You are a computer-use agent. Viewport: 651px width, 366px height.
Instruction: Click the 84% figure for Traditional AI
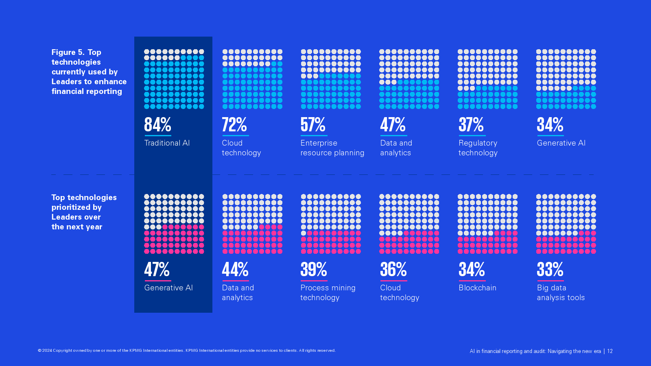pyautogui.click(x=157, y=125)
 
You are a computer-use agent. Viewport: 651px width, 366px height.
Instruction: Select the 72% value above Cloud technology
pyautogui.click(x=234, y=125)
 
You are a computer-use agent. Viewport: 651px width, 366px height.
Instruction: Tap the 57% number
pyautogui.click(x=313, y=125)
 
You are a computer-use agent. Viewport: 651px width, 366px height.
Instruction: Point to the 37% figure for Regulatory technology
pyautogui.click(x=471, y=125)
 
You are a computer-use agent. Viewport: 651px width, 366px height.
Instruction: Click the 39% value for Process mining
pyautogui.click(x=314, y=270)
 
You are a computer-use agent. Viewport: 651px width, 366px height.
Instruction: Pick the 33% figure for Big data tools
pyautogui.click(x=550, y=270)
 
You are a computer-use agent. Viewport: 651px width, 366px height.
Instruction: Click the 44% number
pyautogui.click(x=235, y=270)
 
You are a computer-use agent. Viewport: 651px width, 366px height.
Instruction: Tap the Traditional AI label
pyautogui.click(x=167, y=143)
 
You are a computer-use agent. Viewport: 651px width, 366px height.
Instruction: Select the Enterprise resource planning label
pyautogui.click(x=332, y=148)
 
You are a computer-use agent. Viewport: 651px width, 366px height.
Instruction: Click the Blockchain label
pyautogui.click(x=477, y=288)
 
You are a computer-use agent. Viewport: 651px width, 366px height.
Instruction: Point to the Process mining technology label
pyautogui.click(x=328, y=293)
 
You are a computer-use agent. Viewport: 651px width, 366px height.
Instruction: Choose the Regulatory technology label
pyautogui.click(x=478, y=148)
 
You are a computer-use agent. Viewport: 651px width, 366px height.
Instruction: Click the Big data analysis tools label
pyautogui.click(x=560, y=293)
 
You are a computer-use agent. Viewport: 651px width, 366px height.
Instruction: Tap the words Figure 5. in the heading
pyautogui.click(x=68, y=52)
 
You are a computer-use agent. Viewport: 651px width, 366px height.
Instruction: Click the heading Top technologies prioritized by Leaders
pyautogui.click(x=84, y=212)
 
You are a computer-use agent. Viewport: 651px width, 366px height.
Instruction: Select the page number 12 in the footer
pyautogui.click(x=610, y=351)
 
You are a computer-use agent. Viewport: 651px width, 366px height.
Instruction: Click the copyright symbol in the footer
pyautogui.click(x=40, y=351)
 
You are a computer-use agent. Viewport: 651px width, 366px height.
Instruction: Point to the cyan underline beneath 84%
pyautogui.click(x=158, y=135)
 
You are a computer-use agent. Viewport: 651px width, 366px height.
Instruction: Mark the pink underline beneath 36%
pyautogui.click(x=393, y=281)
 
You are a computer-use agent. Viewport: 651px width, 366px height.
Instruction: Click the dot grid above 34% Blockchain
pyautogui.click(x=487, y=224)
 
